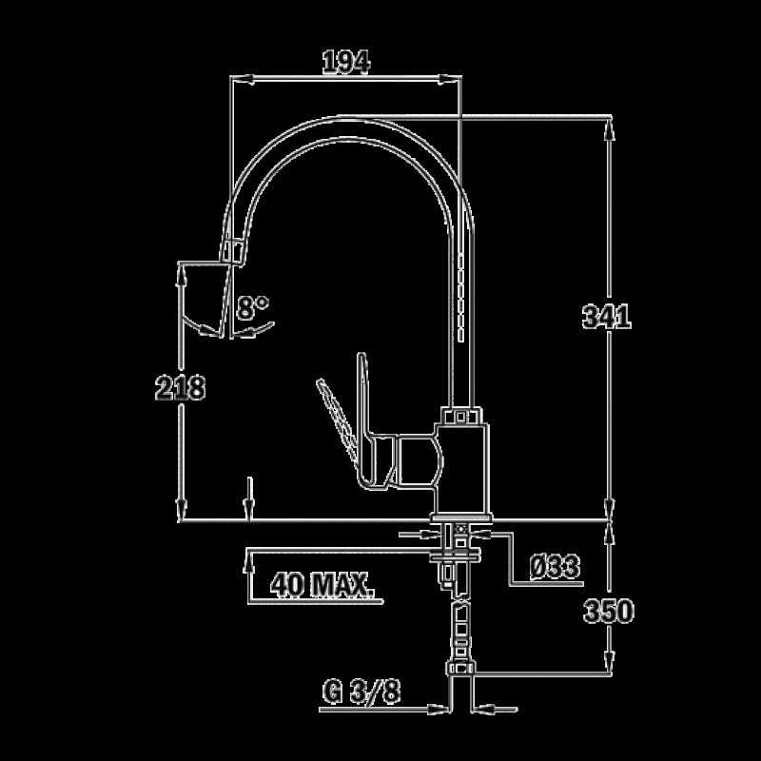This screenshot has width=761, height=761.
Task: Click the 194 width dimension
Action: tap(346, 62)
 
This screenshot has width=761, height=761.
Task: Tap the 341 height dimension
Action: tap(607, 317)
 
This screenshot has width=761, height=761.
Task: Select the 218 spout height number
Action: tap(180, 388)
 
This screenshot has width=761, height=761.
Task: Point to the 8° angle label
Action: tap(252, 307)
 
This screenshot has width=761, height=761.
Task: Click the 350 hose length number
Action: tap(609, 611)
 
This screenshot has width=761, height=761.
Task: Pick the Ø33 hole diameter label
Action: tap(555, 566)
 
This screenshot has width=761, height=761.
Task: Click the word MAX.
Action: tap(342, 584)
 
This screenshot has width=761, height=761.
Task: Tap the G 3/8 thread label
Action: tap(361, 692)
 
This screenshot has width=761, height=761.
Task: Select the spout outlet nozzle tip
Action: tap(232, 252)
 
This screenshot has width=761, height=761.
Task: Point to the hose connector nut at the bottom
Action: tap(460, 669)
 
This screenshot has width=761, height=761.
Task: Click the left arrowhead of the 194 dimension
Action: tap(243, 79)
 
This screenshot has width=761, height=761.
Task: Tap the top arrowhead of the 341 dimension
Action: tap(610, 128)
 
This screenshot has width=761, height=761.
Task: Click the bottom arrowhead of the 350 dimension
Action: tap(610, 661)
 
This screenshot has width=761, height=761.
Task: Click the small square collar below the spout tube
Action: tap(461, 416)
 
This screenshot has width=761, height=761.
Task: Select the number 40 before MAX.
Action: tap(287, 584)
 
